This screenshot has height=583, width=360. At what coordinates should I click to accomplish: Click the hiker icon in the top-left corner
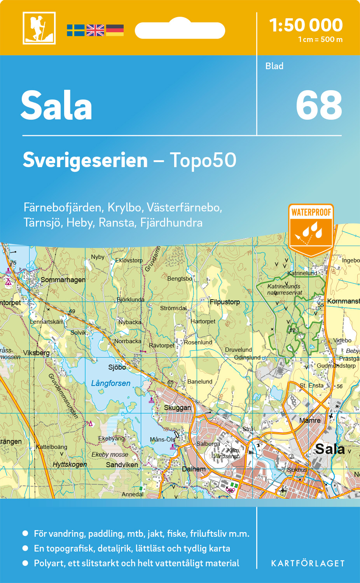point(39,28)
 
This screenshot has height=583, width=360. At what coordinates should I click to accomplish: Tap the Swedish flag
point(75,30)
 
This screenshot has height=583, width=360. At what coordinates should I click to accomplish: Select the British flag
point(95,30)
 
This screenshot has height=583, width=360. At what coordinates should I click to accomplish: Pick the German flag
point(115,30)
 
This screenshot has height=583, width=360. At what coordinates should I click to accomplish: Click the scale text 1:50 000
point(306,25)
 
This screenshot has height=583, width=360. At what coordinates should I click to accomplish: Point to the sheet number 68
point(319,105)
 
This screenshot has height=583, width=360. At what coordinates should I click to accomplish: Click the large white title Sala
point(56,106)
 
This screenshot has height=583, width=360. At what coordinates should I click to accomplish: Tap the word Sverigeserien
point(85,160)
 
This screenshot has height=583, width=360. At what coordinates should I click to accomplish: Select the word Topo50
point(203,160)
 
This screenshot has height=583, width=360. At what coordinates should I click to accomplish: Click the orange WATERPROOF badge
point(311,229)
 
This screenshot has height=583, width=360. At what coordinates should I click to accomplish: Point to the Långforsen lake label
point(111,383)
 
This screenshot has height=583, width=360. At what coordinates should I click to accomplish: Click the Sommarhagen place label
point(63,280)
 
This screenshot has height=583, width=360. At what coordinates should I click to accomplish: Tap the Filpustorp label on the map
point(225,302)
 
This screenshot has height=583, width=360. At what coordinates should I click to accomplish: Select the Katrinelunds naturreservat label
point(284,289)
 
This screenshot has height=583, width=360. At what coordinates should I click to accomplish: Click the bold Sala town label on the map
point(330,449)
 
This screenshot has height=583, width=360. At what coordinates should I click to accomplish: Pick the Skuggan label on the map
point(177,408)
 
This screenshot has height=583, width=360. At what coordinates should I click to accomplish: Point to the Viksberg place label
point(36,353)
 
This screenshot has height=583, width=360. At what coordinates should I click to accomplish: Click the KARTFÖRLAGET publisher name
point(308,564)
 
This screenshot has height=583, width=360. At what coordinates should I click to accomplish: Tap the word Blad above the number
point(274,66)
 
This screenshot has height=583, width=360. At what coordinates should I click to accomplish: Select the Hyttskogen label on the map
point(70,464)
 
